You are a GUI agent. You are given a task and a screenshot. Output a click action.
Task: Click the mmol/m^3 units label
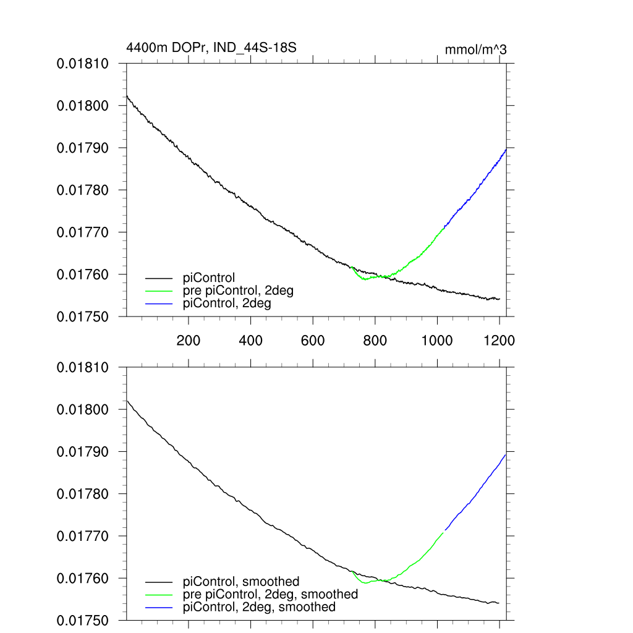click(x=475, y=49)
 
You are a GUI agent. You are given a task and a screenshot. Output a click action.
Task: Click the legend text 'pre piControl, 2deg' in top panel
click(x=239, y=291)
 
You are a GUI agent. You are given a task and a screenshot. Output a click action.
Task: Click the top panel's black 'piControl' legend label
click(x=210, y=278)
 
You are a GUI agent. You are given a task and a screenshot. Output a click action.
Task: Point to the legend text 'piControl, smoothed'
click(x=241, y=582)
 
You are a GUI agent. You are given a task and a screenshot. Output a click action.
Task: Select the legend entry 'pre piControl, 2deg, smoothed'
click(x=271, y=594)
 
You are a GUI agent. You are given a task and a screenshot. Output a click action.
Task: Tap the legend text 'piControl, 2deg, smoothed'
click(x=260, y=607)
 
